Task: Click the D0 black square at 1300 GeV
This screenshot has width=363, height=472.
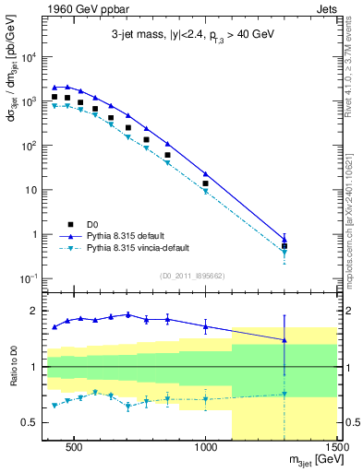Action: pyautogui.click(x=284, y=246)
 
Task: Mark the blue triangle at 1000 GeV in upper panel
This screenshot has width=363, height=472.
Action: pyautogui.click(x=206, y=173)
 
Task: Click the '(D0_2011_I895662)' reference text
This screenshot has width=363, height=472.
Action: pyautogui.click(x=192, y=276)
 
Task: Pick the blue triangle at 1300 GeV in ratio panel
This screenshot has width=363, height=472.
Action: pyautogui.click(x=284, y=340)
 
